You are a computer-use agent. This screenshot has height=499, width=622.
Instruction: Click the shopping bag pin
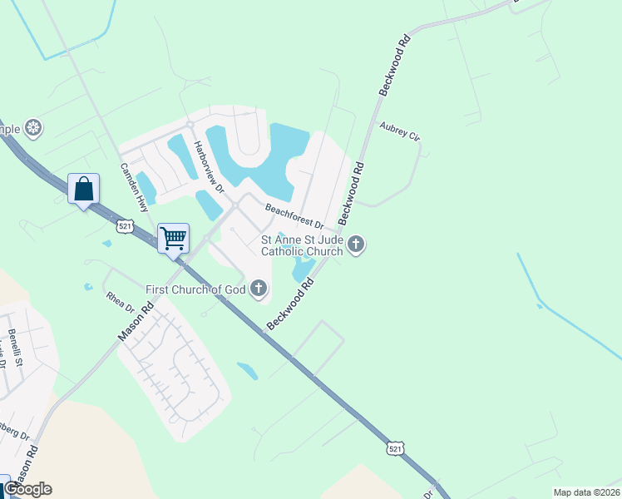click(x=84, y=189)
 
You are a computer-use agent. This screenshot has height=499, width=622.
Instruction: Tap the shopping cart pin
click(x=173, y=239)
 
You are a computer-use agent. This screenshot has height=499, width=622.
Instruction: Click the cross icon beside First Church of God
click(x=259, y=289)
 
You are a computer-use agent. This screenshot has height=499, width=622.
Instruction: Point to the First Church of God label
click(x=196, y=289)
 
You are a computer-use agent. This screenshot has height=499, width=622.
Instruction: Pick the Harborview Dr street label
click(x=209, y=166)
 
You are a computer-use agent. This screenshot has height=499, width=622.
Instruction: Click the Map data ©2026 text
click(x=585, y=492)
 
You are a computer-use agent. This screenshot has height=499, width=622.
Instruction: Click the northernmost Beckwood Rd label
click(x=394, y=66)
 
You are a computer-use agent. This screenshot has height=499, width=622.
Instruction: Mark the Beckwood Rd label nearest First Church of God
click(x=290, y=304)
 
